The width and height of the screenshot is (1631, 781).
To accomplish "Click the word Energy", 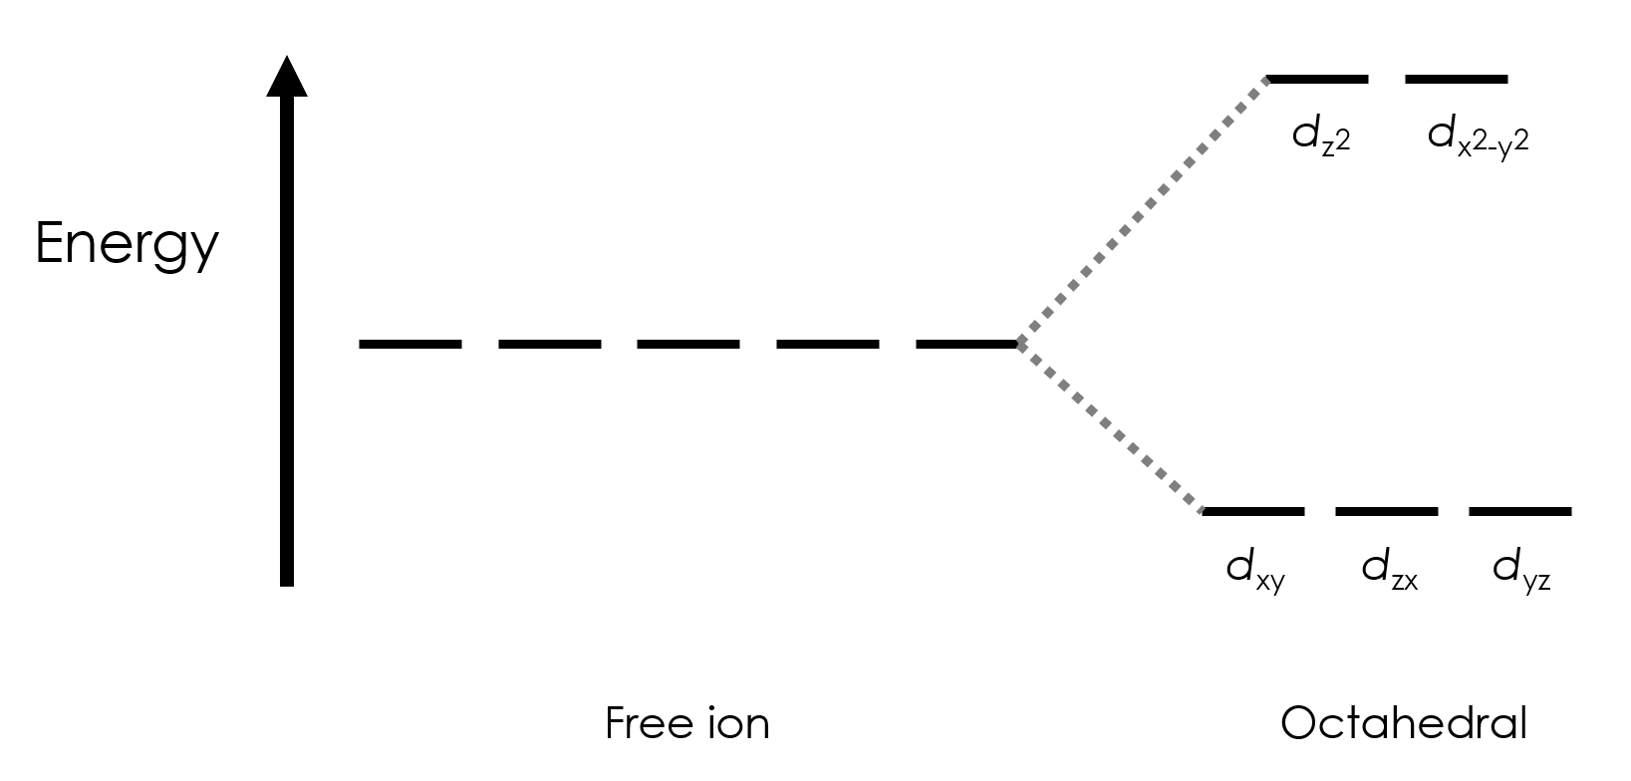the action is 127,245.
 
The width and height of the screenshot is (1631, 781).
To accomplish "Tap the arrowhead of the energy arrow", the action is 287,78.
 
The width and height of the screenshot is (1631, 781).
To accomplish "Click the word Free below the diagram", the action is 637,723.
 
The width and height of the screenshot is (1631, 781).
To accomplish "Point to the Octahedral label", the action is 1403,723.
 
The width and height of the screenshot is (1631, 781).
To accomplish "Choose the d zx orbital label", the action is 1389,570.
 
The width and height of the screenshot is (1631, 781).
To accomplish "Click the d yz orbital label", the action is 1521,570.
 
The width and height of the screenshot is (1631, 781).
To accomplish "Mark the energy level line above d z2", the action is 1317,78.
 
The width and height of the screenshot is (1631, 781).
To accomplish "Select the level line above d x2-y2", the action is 1456,78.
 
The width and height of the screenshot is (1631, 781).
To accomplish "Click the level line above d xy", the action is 1253,511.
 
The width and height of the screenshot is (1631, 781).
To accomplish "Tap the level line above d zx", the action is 1386,511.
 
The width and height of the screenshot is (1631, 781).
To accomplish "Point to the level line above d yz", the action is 1519,511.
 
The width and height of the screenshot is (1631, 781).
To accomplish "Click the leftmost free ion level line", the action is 410,344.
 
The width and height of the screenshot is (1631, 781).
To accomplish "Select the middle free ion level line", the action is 688,344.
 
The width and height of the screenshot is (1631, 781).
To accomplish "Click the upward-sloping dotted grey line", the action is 1142,211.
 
